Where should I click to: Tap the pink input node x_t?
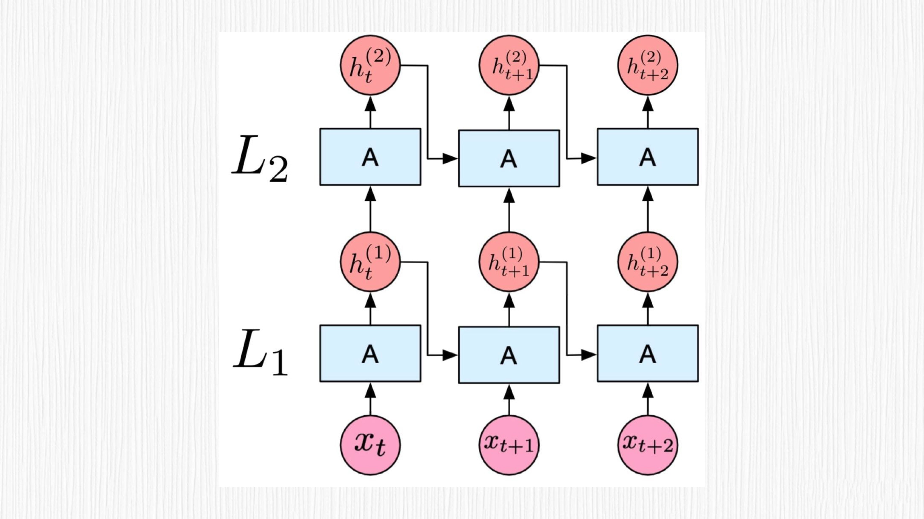[x=370, y=445]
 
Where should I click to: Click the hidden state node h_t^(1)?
[x=370, y=262]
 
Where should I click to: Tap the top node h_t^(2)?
[x=370, y=65]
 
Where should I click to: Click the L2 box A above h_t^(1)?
[x=370, y=157]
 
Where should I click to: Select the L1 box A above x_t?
[x=370, y=353]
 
